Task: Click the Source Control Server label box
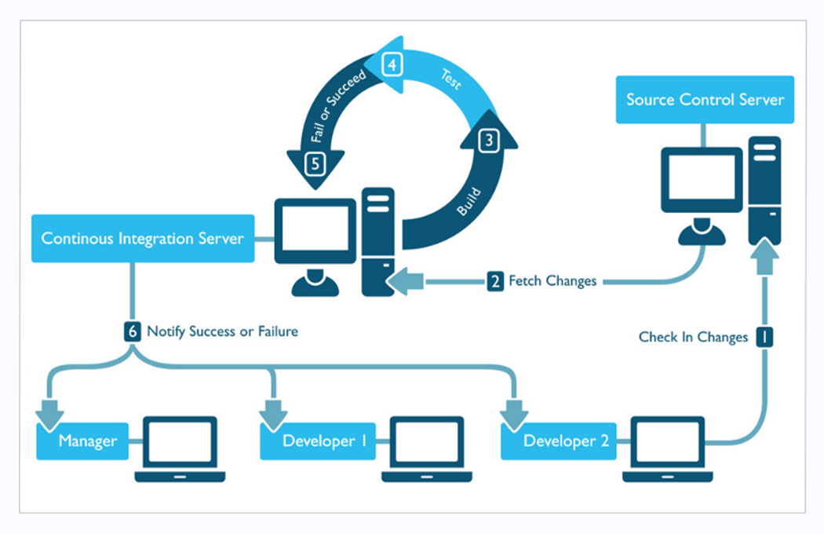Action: pyautogui.click(x=705, y=100)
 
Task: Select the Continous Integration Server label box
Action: pyautogui.click(x=143, y=238)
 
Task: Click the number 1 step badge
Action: pyautogui.click(x=764, y=337)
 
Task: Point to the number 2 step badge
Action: pyautogui.click(x=495, y=281)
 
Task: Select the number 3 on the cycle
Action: pyautogui.click(x=489, y=141)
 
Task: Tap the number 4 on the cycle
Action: pyautogui.click(x=392, y=64)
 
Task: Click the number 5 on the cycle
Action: pyautogui.click(x=315, y=164)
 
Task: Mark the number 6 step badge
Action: pyautogui.click(x=133, y=331)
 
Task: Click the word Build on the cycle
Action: pyautogui.click(x=469, y=202)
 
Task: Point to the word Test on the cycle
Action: pyautogui.click(x=451, y=79)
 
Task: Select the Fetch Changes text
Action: pyautogui.click(x=552, y=281)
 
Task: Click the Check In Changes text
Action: pyautogui.click(x=693, y=337)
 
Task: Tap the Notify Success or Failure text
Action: pyautogui.click(x=222, y=331)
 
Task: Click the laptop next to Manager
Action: pyautogui.click(x=180, y=448)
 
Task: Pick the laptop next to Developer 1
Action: pyautogui.click(x=427, y=448)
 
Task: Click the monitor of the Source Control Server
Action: pyautogui.click(x=702, y=180)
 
